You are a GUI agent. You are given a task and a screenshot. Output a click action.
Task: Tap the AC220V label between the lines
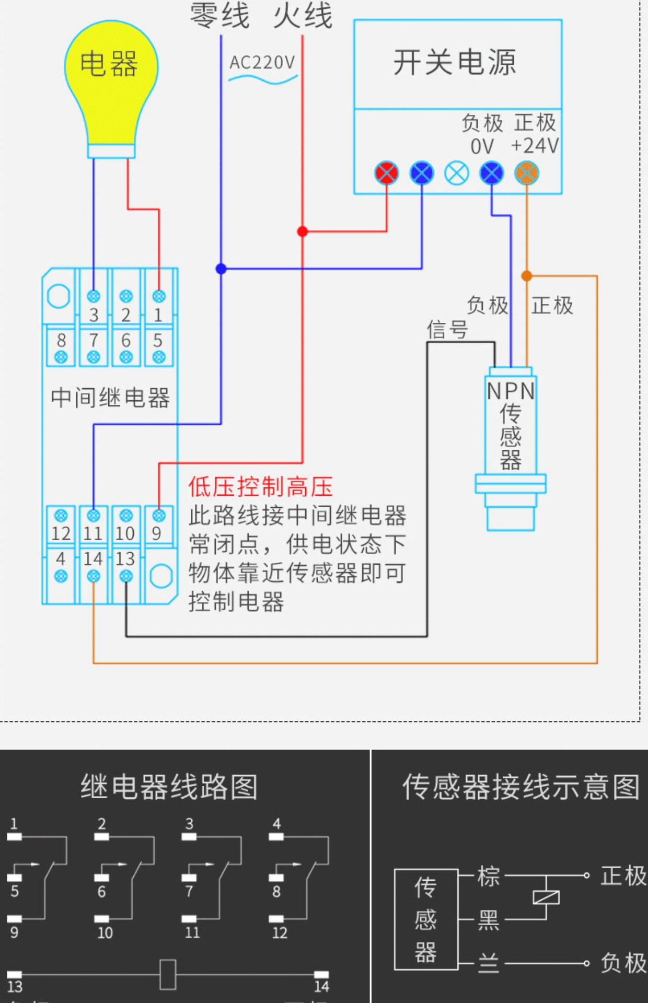click(x=262, y=63)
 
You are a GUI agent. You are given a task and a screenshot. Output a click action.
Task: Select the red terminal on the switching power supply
click(x=387, y=173)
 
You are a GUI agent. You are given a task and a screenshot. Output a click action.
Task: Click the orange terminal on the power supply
click(x=527, y=173)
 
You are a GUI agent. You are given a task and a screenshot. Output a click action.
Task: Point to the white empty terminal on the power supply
click(x=457, y=173)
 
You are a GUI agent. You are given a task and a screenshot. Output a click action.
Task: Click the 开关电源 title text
click(x=455, y=63)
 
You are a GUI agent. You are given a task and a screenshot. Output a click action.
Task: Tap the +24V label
click(x=535, y=146)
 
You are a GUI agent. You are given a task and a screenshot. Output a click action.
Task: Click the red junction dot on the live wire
click(x=303, y=231)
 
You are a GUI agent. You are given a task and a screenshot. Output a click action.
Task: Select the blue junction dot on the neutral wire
click(x=221, y=269)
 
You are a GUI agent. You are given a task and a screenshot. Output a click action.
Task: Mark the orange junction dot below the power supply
click(x=527, y=276)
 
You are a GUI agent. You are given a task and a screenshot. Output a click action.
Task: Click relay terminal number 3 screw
click(x=94, y=296)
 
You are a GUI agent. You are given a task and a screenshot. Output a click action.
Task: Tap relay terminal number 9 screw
click(x=159, y=516)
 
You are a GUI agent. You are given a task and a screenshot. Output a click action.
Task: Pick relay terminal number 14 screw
click(x=94, y=576)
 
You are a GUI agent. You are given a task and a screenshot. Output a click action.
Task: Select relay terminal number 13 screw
click(x=126, y=576)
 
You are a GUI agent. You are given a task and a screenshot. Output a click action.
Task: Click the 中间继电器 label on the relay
click(x=110, y=398)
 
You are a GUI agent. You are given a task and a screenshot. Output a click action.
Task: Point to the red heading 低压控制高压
click(x=261, y=487)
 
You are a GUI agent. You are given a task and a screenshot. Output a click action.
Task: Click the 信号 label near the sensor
click(x=447, y=330)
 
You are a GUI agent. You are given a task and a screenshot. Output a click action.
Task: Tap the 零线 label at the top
click(x=219, y=16)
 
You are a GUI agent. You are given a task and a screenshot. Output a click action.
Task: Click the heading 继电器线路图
click(x=169, y=787)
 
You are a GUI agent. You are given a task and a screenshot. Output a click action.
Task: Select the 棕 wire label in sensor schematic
click(x=489, y=877)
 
